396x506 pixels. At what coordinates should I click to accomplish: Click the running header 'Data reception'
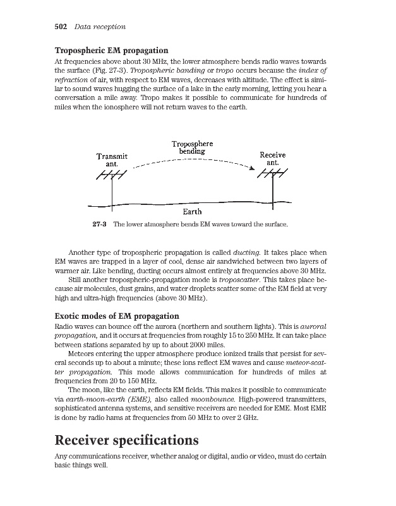(100, 27)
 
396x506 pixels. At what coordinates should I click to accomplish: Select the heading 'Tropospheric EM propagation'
(111, 50)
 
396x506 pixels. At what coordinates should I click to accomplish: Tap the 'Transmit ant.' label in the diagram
(112, 160)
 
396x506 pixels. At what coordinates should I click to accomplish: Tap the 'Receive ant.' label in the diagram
(273, 159)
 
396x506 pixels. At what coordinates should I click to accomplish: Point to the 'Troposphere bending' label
(192, 147)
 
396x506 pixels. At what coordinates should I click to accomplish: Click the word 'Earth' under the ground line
(192, 212)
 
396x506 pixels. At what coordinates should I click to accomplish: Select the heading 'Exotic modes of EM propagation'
(117, 316)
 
